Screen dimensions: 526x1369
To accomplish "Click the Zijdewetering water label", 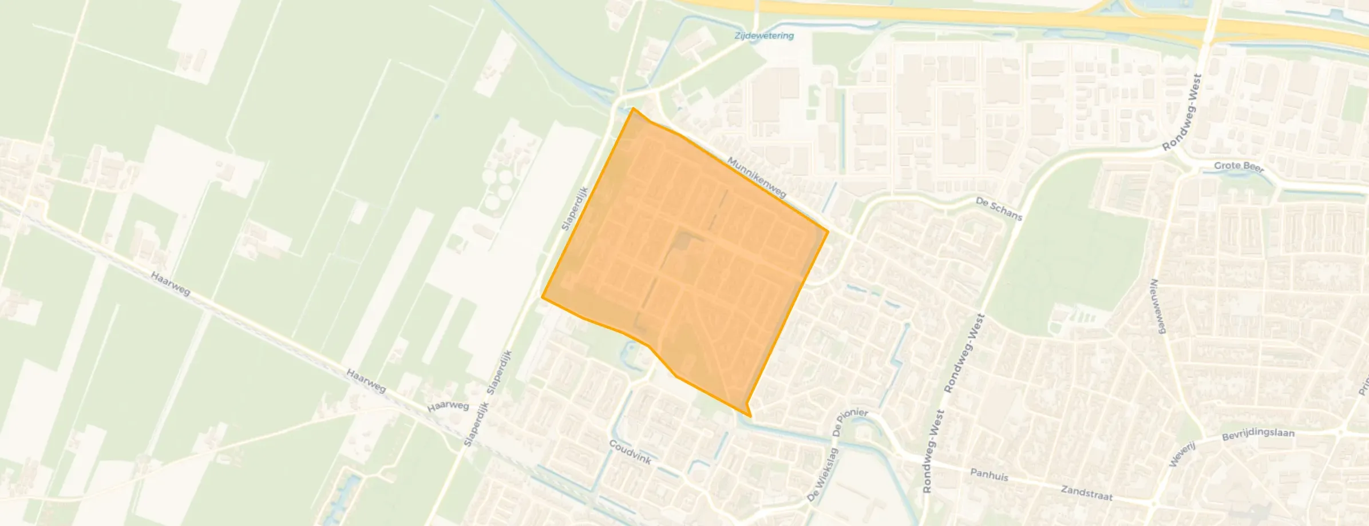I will point(764,35).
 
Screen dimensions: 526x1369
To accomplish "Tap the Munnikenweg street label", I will point(756,178).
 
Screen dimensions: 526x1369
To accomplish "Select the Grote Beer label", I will point(1239,166).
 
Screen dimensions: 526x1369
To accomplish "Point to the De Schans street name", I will point(999,209).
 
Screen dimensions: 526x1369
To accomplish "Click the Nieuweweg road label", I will point(1158,306).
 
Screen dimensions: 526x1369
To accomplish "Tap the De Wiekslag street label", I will point(822,475).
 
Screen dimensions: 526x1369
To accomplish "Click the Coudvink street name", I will point(630,452).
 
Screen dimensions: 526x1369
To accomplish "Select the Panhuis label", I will point(989,475).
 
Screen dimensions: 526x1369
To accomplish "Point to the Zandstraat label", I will point(1086,493).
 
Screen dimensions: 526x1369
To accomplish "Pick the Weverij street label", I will point(1182,455).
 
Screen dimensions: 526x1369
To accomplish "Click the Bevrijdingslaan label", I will point(1258,434).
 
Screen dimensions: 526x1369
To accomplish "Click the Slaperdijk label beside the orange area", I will point(575,209).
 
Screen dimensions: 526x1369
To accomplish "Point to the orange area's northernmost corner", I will point(633,108).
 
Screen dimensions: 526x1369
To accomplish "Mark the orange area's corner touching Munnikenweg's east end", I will point(828,232).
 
